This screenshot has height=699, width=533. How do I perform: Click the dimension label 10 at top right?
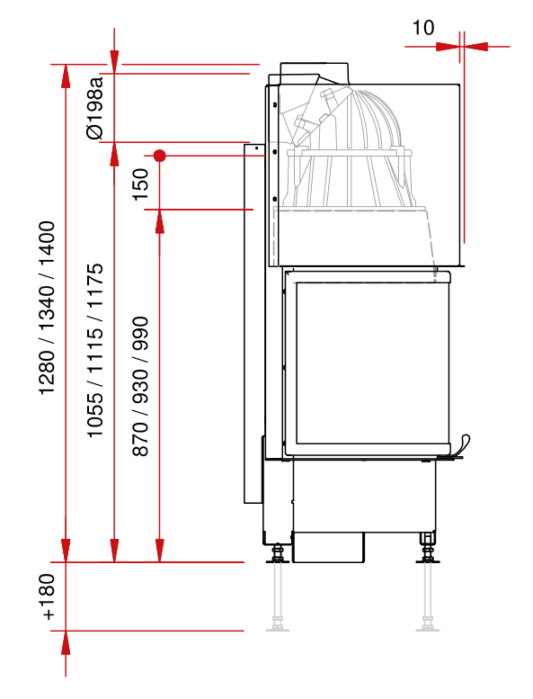point(422,28)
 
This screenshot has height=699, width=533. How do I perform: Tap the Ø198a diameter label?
point(95,108)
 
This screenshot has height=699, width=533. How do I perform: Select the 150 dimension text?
point(141,184)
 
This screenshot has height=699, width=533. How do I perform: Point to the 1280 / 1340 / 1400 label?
point(47,308)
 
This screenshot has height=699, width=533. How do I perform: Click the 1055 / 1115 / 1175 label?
point(95,350)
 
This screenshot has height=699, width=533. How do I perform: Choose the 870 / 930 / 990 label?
point(140,386)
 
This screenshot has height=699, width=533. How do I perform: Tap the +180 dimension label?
point(47,596)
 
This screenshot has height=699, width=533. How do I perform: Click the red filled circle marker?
point(159,156)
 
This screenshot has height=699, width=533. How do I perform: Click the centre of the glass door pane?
point(373,363)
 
